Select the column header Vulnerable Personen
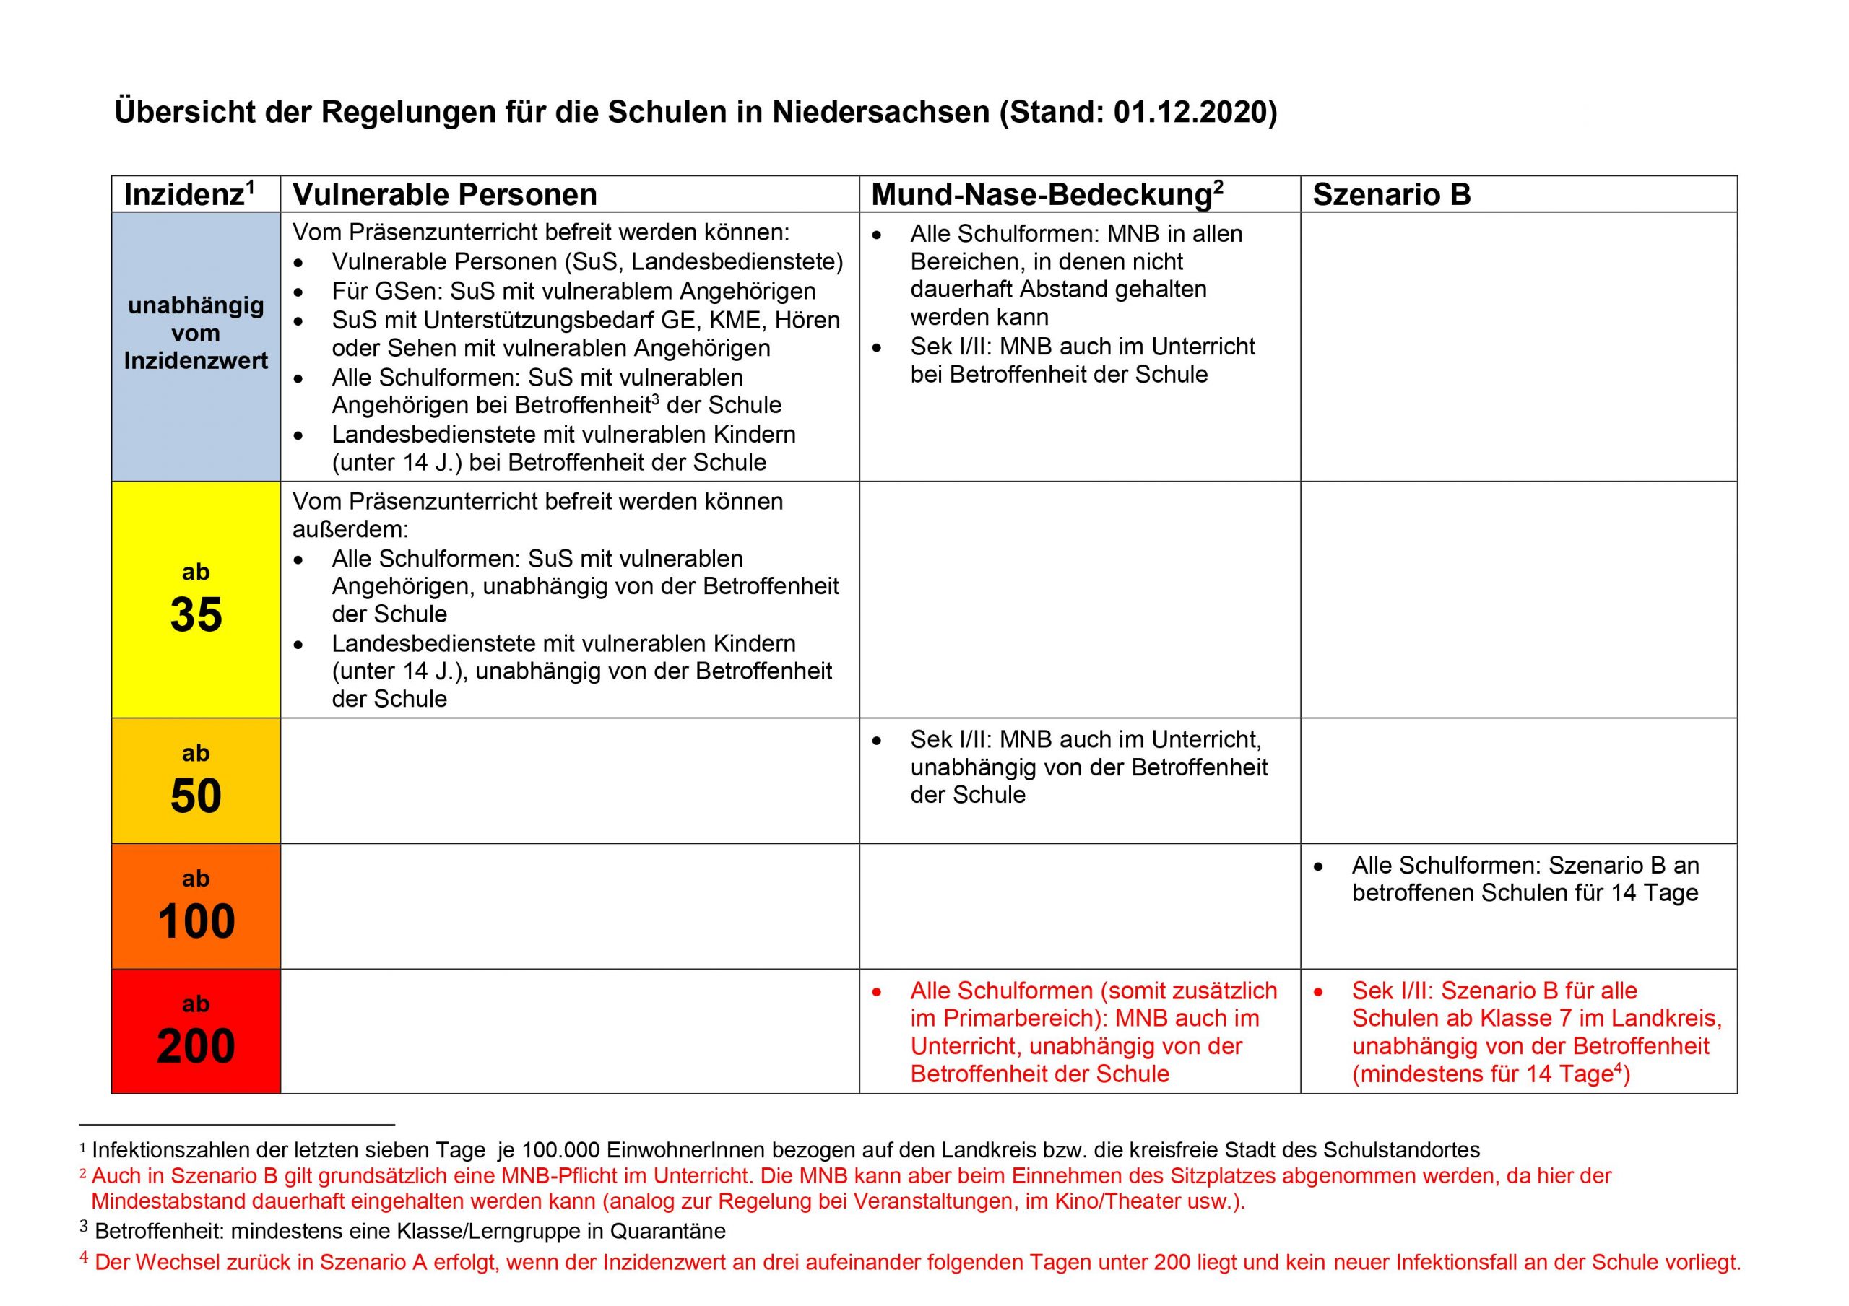click(444, 195)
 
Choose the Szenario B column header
click(1392, 195)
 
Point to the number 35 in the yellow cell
click(196, 615)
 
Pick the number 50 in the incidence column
click(196, 796)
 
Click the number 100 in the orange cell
click(196, 921)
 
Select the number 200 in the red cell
click(196, 1047)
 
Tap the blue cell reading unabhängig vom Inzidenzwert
click(196, 334)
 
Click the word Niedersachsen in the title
click(881, 112)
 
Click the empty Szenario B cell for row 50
click(1518, 780)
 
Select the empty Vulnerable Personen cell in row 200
click(569, 1032)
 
